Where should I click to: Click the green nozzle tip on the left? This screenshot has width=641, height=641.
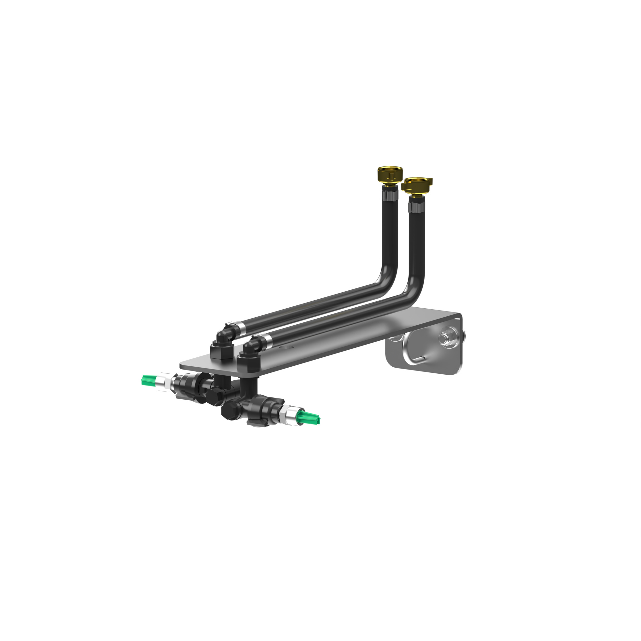pos(149,380)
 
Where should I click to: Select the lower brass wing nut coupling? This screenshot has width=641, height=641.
pos(417,185)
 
